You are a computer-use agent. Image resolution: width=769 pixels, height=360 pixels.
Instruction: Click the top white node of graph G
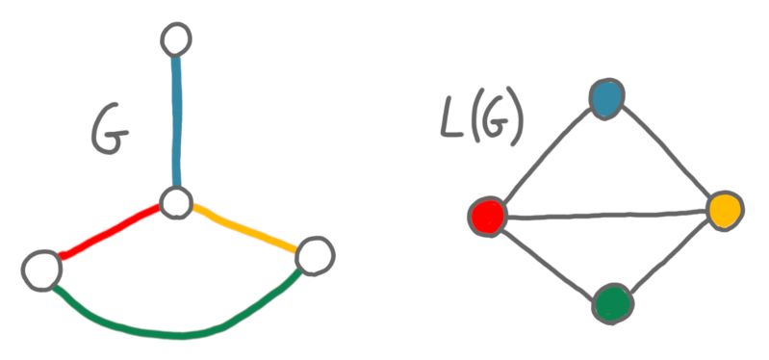[x=177, y=39]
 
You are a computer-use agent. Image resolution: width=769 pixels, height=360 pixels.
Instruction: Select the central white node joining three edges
[x=176, y=203]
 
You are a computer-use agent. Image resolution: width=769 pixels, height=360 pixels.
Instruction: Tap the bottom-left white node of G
[x=41, y=269]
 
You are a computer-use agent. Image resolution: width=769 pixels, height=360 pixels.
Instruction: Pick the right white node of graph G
[x=314, y=256]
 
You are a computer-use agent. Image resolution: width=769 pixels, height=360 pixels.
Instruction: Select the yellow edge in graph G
[x=245, y=229]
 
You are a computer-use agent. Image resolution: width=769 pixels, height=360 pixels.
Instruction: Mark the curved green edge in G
[x=178, y=333]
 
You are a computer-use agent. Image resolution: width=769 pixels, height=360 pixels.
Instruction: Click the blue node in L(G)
[x=606, y=98]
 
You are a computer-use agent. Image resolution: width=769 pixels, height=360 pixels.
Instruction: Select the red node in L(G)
[x=488, y=216]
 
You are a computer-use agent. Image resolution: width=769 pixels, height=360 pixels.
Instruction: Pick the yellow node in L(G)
[x=725, y=208]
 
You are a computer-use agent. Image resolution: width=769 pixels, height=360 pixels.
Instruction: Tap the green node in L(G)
[x=612, y=303]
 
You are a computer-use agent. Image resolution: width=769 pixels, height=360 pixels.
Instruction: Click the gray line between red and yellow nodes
[x=606, y=213]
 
